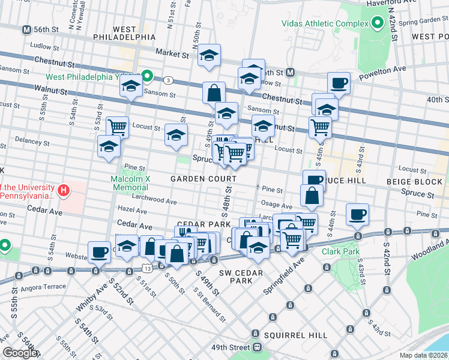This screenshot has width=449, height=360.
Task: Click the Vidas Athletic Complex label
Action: tap(325, 23)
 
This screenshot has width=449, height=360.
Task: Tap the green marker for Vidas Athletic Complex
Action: tap(377, 23)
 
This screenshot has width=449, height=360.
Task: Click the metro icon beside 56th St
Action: tap(26, 29)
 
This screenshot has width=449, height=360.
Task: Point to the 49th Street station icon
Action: tap(258, 347)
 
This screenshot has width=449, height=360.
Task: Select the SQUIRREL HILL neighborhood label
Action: tap(297, 335)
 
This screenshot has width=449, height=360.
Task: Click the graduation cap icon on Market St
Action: tap(208, 55)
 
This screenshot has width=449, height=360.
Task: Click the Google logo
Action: tap(20, 353)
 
